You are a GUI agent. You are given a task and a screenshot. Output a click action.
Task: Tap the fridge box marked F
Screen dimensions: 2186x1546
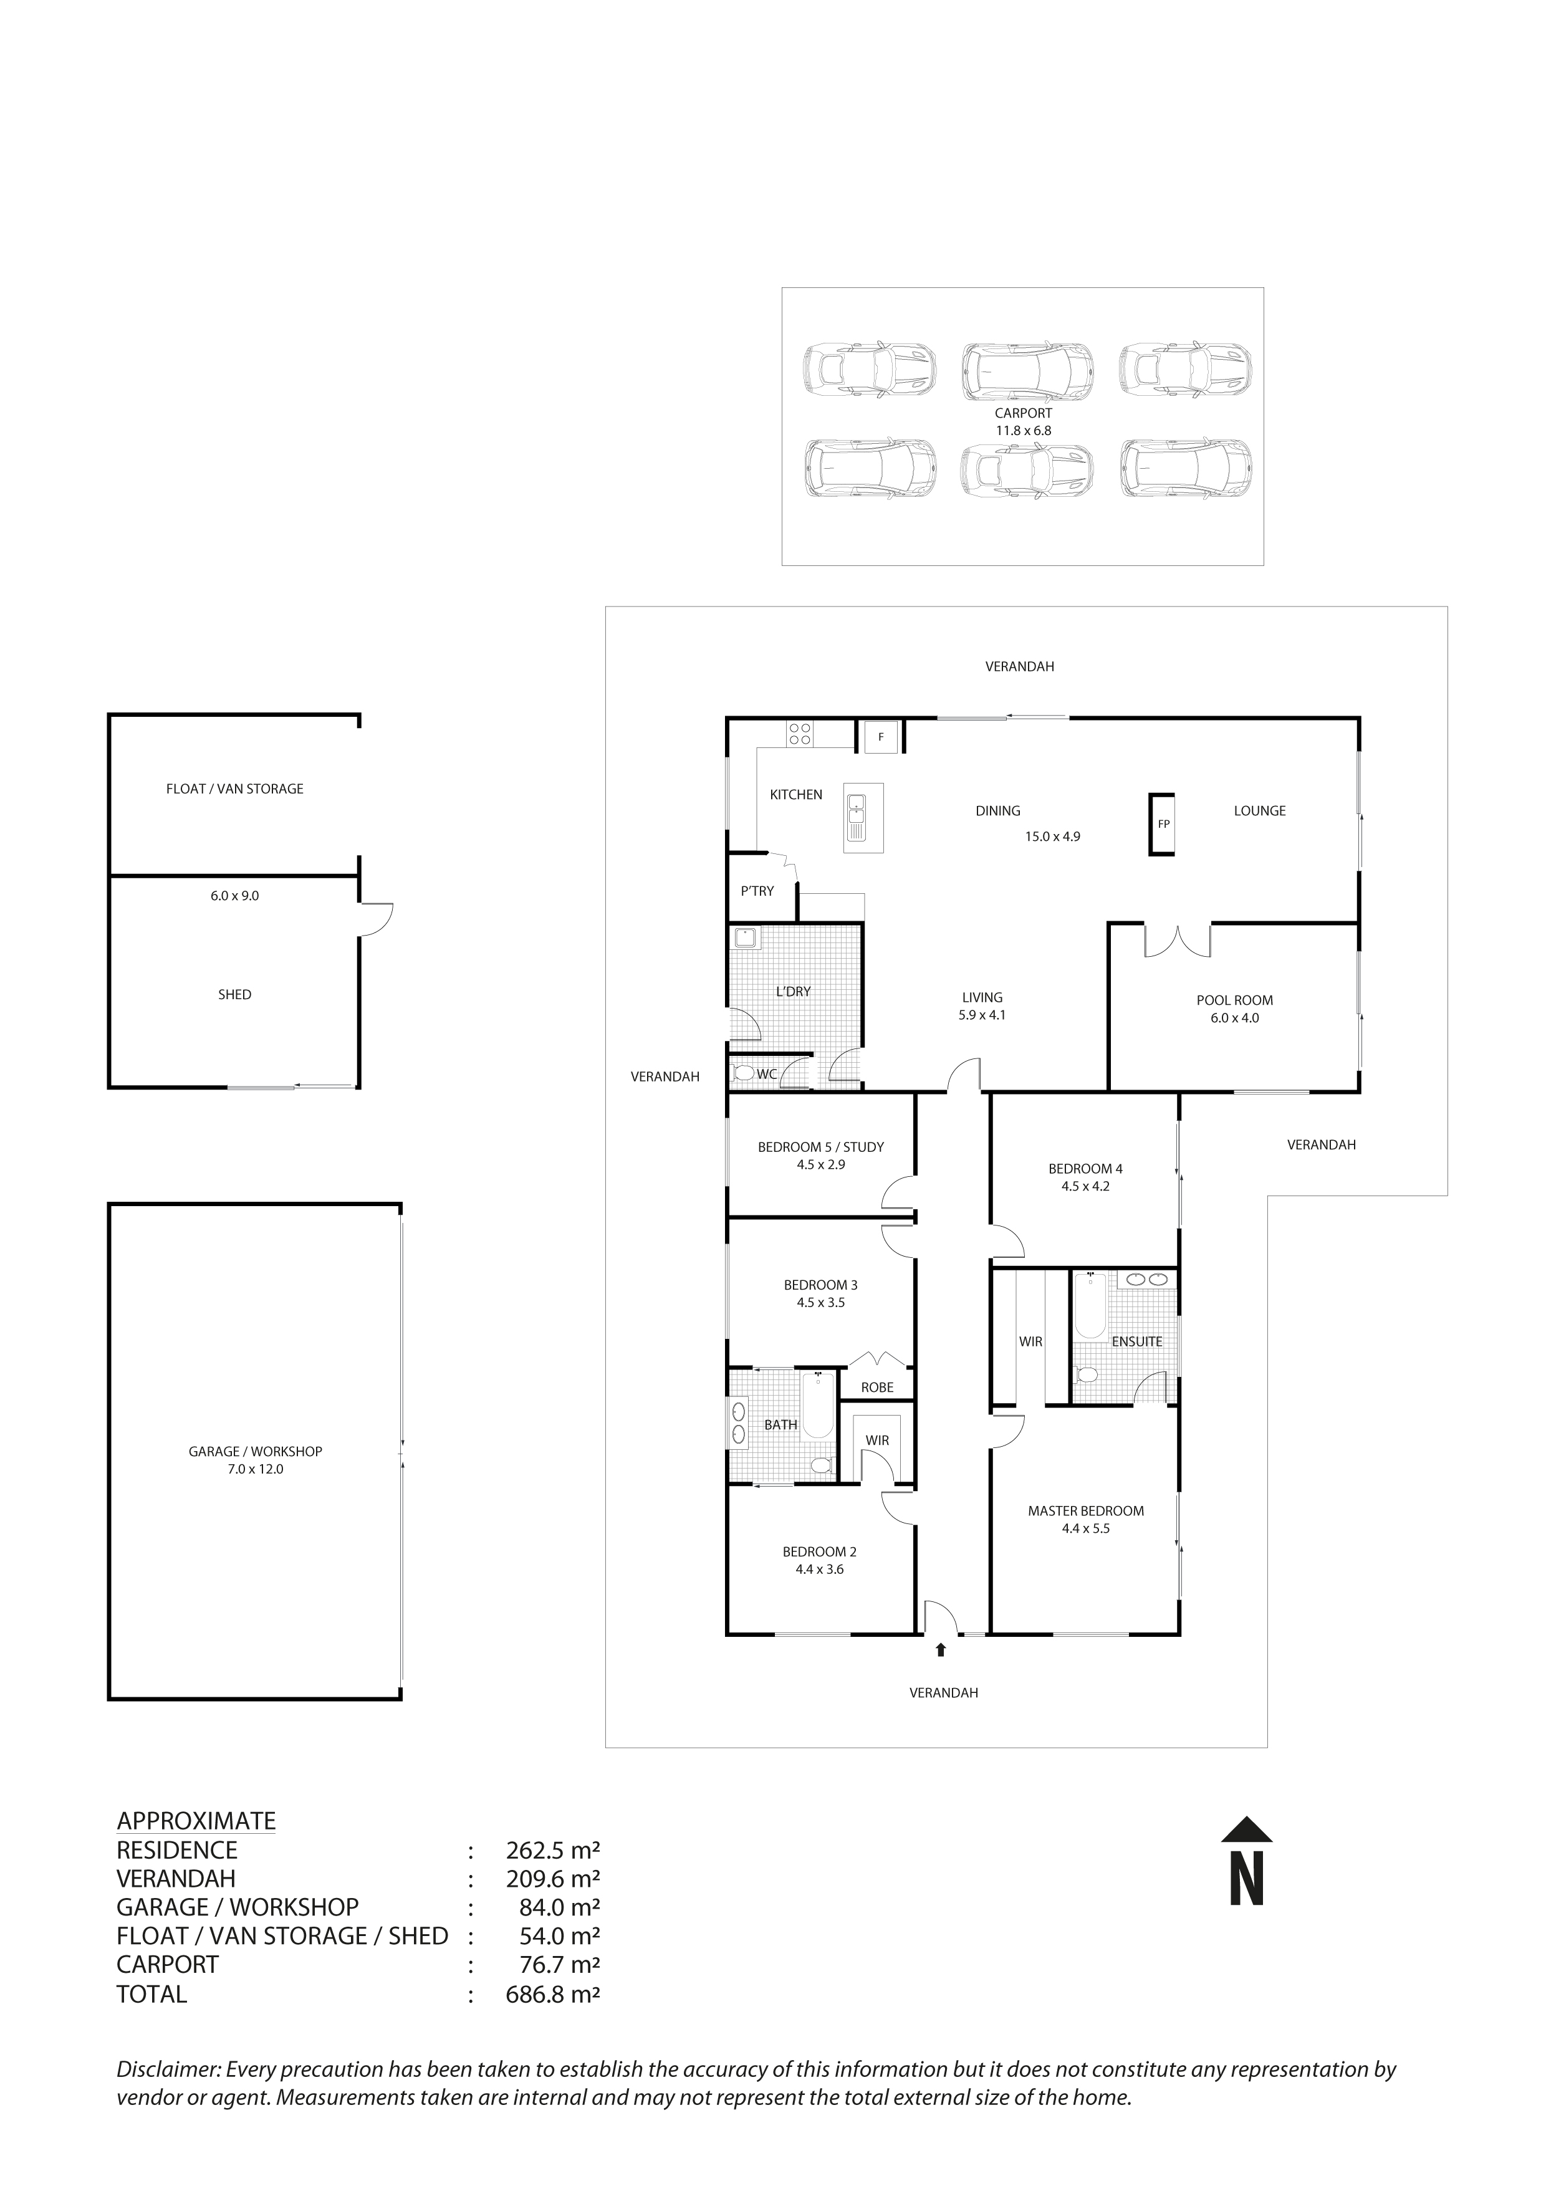pyautogui.click(x=881, y=737)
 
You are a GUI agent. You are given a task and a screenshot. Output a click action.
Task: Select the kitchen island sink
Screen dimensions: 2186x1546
pyautogui.click(x=857, y=817)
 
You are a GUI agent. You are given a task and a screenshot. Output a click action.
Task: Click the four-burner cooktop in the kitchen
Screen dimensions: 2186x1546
pyautogui.click(x=800, y=734)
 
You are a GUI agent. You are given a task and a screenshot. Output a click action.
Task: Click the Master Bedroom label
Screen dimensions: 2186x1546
pyautogui.click(x=1085, y=1510)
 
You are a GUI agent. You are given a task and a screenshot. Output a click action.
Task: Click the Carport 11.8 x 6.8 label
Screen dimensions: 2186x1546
pyautogui.click(x=1024, y=422)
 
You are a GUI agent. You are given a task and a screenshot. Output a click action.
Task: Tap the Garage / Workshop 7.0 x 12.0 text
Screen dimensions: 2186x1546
pyautogui.click(x=255, y=1460)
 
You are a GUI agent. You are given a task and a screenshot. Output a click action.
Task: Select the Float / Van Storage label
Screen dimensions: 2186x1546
pyautogui.click(x=234, y=789)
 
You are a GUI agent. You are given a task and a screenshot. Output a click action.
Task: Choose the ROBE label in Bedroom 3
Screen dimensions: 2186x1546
pyautogui.click(x=876, y=1387)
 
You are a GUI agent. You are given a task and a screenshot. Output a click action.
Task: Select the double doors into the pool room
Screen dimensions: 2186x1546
pyautogui.click(x=1176, y=940)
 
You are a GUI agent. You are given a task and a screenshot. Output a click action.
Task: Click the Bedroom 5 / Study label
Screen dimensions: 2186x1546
pyautogui.click(x=820, y=1148)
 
